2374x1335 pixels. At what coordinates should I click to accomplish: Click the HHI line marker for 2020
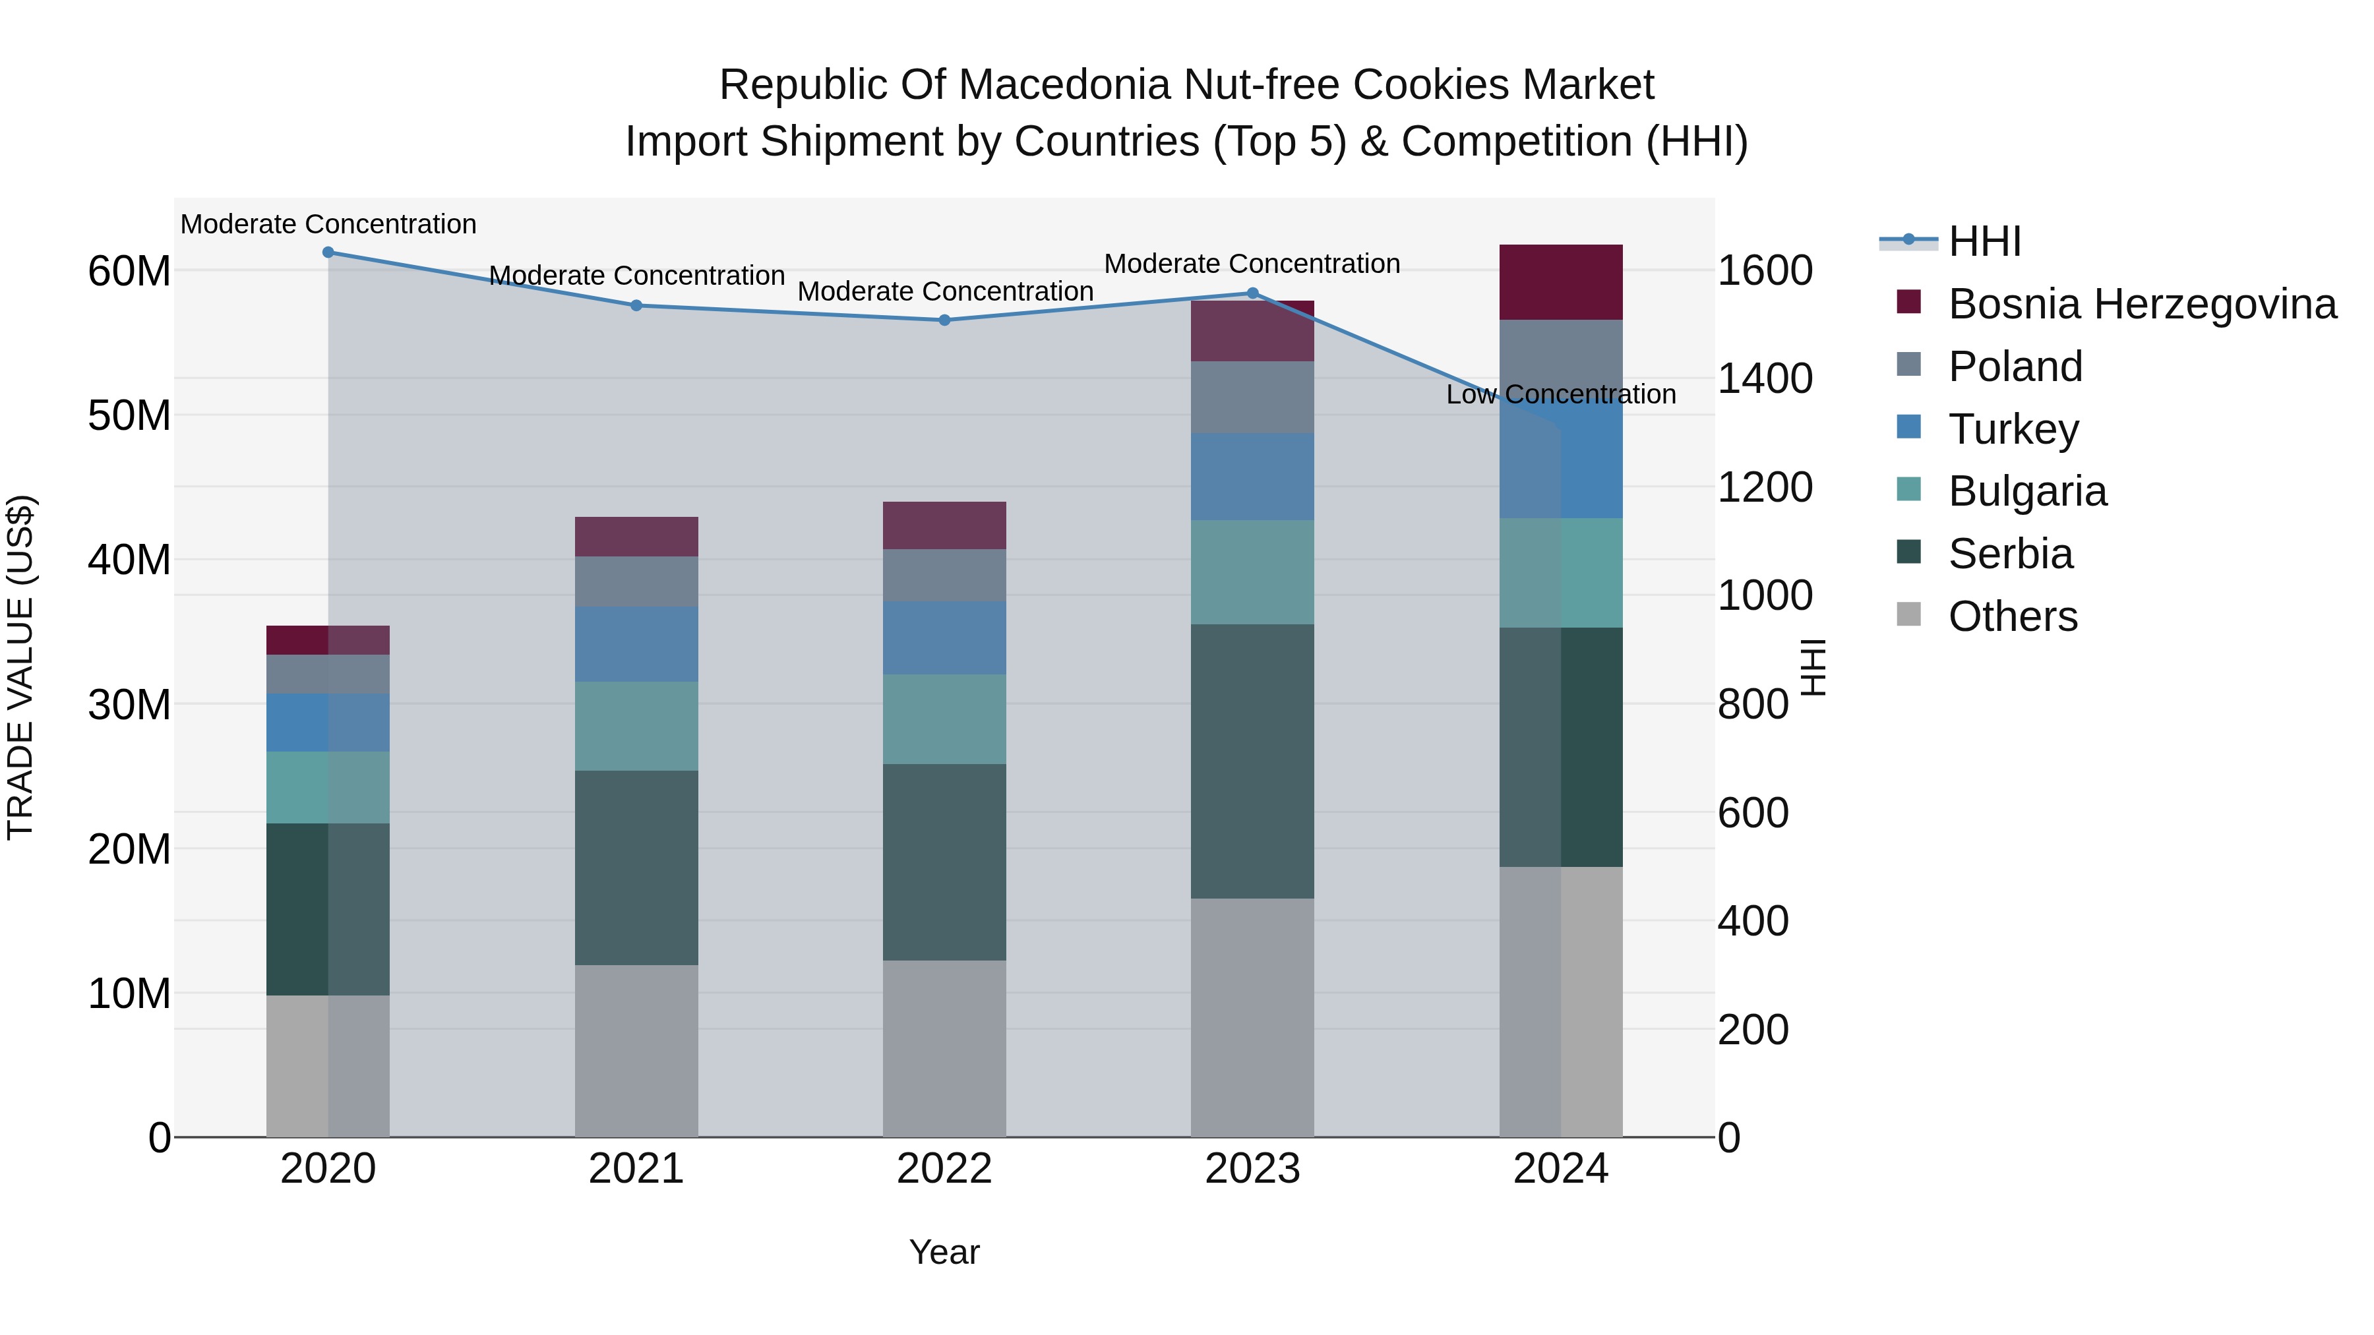328,252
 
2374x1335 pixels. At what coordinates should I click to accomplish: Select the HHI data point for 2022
944,320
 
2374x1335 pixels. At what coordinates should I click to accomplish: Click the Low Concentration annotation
1560,394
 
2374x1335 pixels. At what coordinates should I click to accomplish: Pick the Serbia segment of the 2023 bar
1252,761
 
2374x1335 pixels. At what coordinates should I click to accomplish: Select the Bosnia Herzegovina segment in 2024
1560,282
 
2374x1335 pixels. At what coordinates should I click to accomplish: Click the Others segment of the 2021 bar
636,1050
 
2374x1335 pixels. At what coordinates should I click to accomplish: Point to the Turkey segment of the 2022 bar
944,638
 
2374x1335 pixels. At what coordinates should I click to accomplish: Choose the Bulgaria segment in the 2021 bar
636,726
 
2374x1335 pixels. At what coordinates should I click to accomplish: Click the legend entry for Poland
2015,367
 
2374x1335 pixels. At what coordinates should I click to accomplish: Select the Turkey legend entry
2013,429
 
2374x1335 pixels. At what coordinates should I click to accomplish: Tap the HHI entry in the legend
1984,241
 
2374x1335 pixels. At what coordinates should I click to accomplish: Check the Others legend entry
2012,616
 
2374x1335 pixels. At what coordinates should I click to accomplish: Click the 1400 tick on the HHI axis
1765,378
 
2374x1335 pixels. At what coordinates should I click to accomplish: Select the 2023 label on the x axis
1252,1169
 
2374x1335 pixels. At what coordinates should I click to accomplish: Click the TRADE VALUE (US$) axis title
20,667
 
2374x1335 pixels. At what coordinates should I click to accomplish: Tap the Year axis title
944,1252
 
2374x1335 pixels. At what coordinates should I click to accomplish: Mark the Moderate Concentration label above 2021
636,276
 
